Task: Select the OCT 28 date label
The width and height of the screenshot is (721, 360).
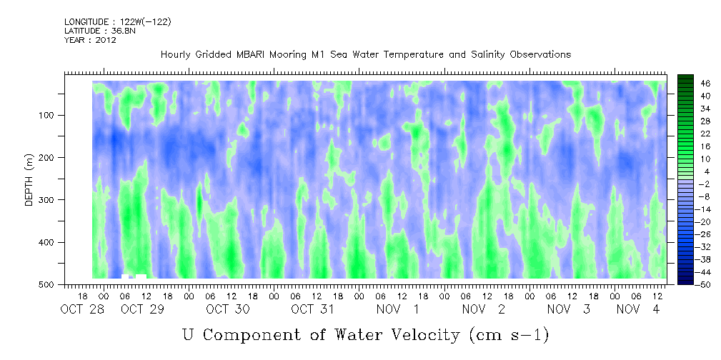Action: click(x=82, y=309)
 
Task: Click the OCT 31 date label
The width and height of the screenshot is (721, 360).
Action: click(x=313, y=309)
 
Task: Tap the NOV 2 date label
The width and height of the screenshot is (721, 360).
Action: click(x=483, y=309)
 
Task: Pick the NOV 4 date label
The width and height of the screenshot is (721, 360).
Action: click(x=638, y=309)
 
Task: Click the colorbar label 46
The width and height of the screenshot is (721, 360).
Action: click(x=692, y=84)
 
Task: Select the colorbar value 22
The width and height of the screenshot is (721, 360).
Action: click(x=692, y=136)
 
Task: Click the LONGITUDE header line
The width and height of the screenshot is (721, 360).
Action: click(x=118, y=22)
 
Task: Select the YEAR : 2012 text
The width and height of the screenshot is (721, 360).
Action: click(x=90, y=40)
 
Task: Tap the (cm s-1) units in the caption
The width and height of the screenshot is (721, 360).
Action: click(x=509, y=335)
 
